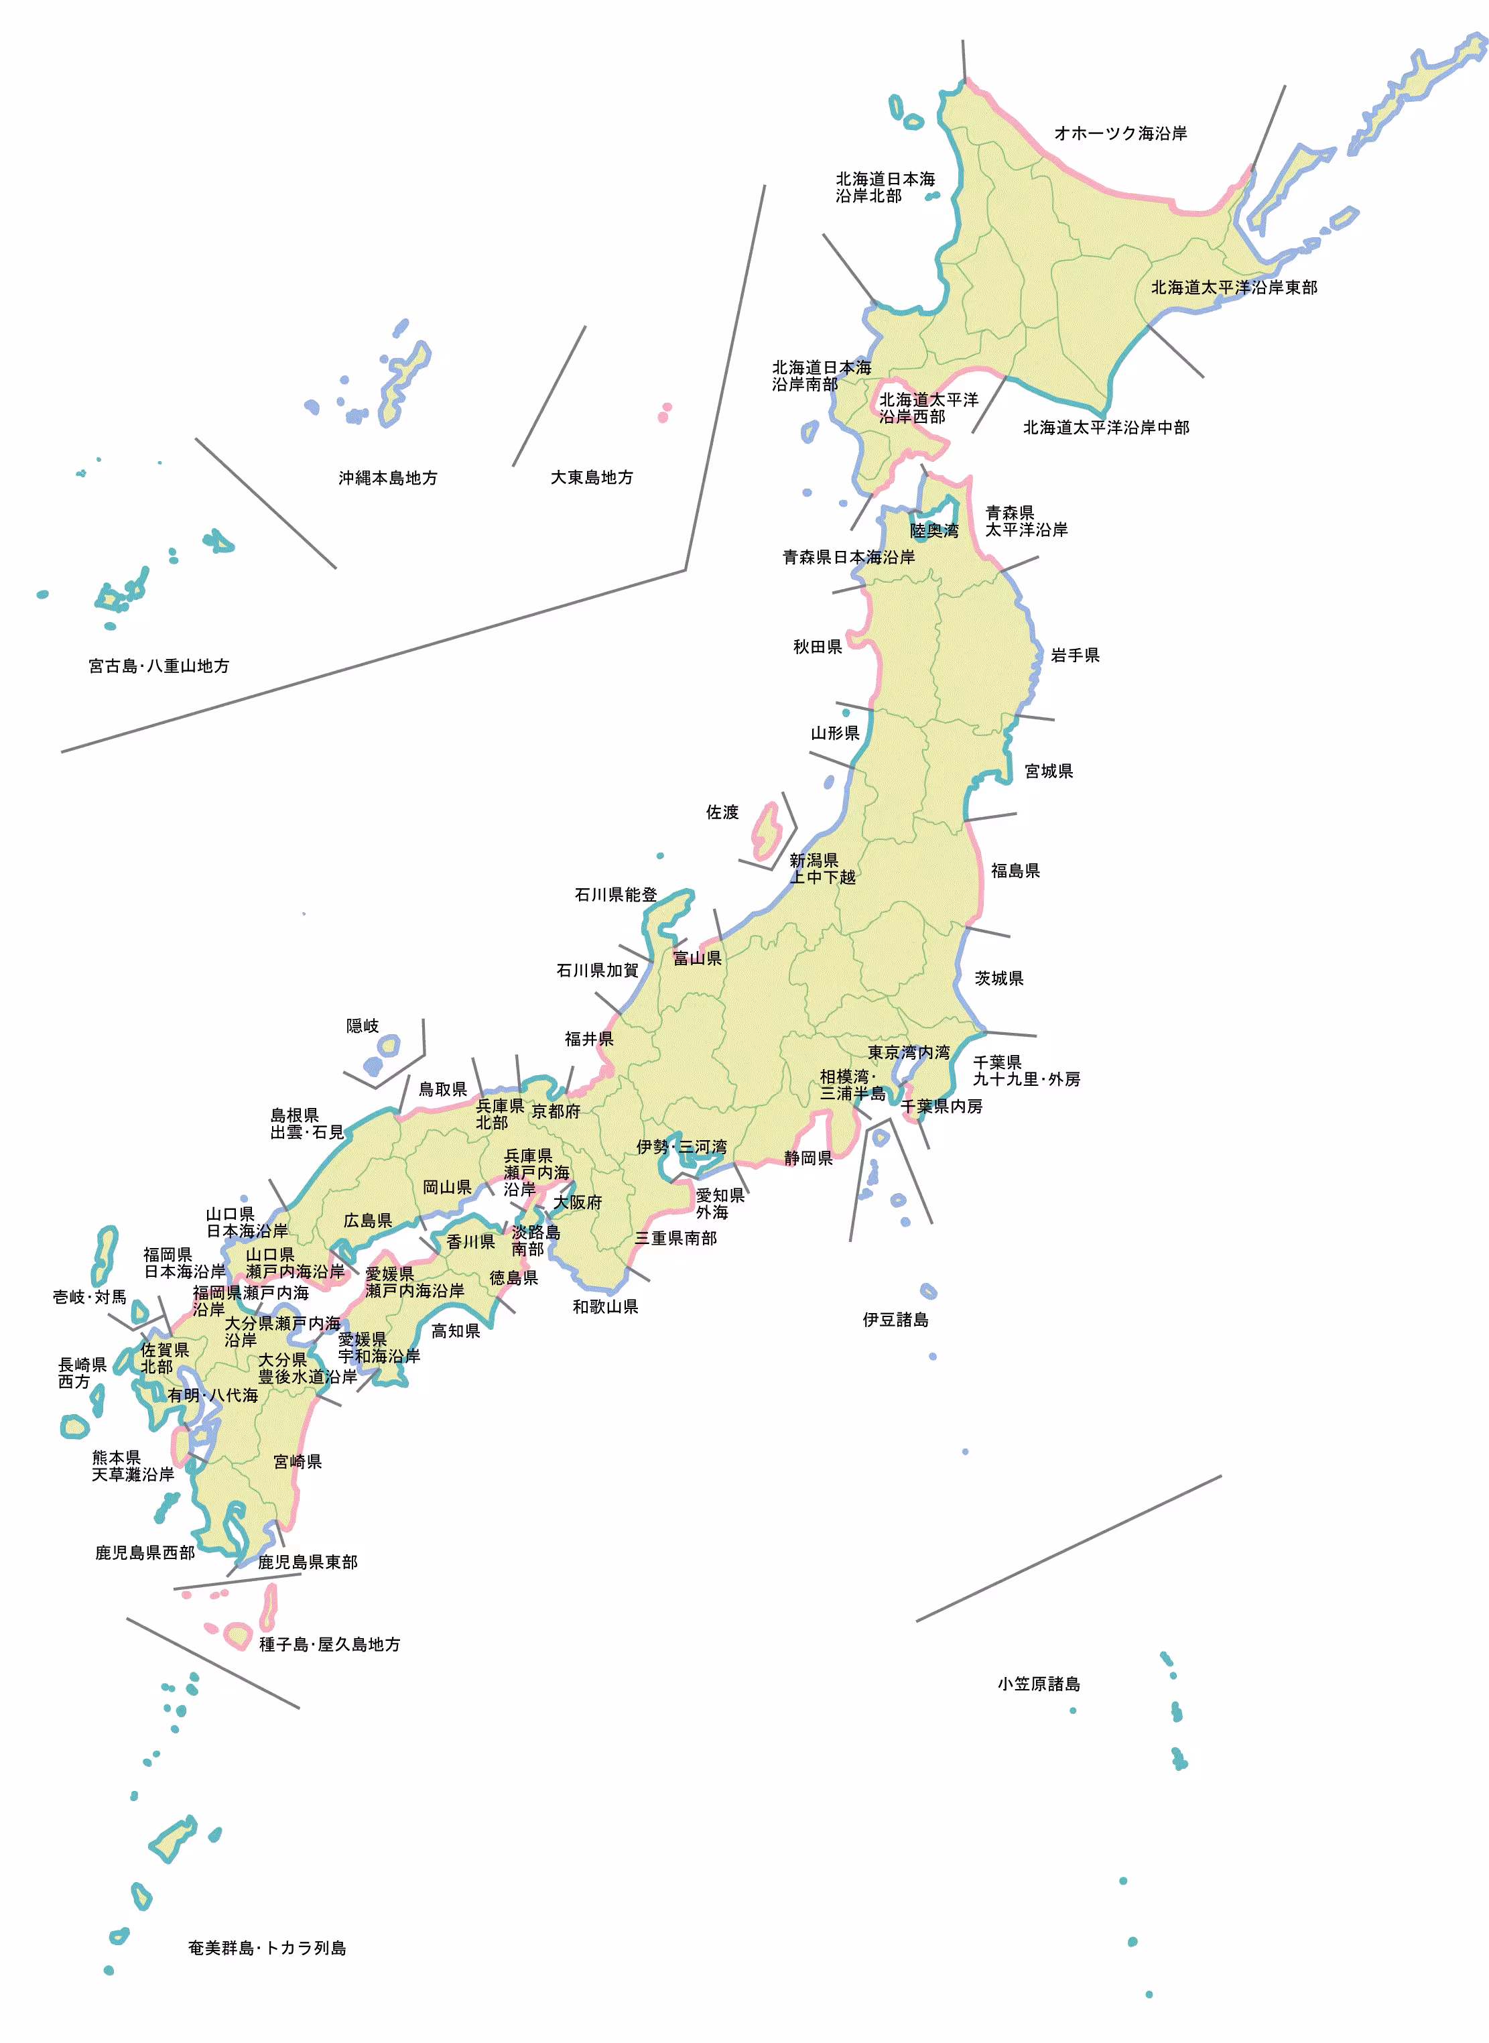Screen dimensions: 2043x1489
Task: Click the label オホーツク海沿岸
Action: [1120, 133]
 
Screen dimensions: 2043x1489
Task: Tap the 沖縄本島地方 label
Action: [387, 478]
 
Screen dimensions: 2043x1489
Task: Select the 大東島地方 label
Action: [591, 477]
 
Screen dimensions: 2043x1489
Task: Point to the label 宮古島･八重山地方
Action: [159, 666]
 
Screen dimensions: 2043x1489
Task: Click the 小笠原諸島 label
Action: [1038, 1683]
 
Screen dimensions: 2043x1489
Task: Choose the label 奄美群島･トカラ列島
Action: [267, 1947]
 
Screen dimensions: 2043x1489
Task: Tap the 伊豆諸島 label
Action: [895, 1320]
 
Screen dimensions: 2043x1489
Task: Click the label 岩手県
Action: [1074, 656]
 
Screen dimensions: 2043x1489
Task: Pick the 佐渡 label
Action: [722, 812]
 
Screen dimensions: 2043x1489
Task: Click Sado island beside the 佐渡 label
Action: [765, 831]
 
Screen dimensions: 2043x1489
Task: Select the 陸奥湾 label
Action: [933, 530]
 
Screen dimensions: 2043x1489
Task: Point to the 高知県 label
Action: [455, 1330]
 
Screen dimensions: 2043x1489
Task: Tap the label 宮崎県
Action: [298, 1461]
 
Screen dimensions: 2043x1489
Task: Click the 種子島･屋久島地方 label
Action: [330, 1644]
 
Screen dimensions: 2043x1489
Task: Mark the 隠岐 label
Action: [363, 1026]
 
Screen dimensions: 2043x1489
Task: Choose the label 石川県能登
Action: [616, 894]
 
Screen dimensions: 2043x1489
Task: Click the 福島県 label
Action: [1015, 870]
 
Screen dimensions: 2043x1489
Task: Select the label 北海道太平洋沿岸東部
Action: [1234, 288]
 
